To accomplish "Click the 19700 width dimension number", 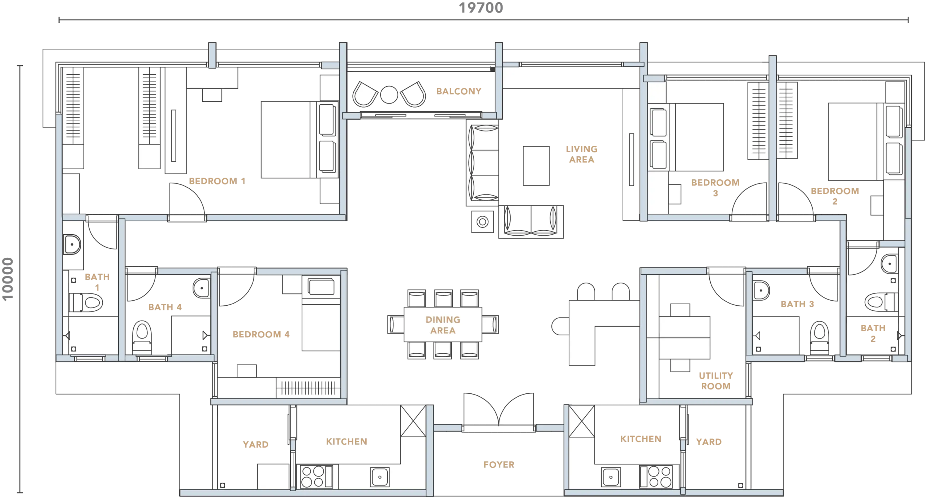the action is [x=481, y=8].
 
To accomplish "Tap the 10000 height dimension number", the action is [x=8, y=279].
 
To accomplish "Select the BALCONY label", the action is [x=459, y=91].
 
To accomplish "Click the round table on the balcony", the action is [x=389, y=95].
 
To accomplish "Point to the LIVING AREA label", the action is [x=581, y=154].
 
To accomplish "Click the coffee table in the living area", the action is [x=536, y=166].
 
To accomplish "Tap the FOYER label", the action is [x=499, y=465].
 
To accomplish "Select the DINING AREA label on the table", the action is [x=443, y=325].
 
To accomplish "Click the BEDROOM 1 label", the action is [x=217, y=181].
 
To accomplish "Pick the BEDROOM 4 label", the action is [x=261, y=334].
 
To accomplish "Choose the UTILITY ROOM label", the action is [x=715, y=381].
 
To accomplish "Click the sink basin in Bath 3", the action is [x=761, y=291].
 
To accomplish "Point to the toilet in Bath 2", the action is [x=881, y=302].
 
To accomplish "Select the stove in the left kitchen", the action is [x=317, y=476].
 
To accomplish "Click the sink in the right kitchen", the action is [x=611, y=477].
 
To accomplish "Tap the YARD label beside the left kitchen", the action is [x=255, y=444].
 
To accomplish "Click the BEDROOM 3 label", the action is [x=715, y=188].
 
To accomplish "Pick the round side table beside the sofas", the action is [x=482, y=222].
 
